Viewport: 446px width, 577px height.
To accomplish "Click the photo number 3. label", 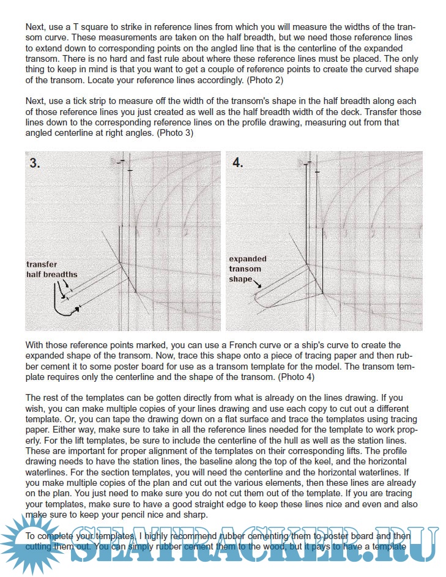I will click(35, 163).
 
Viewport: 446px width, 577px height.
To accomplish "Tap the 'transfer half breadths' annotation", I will click(52, 270).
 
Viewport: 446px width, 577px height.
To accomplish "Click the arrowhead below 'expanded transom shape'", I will click(261, 286).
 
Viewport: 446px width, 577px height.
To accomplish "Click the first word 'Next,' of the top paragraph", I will click(36, 28).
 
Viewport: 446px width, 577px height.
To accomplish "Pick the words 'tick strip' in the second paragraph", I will click(87, 101).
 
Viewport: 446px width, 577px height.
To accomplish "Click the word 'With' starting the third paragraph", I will click(35, 346).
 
